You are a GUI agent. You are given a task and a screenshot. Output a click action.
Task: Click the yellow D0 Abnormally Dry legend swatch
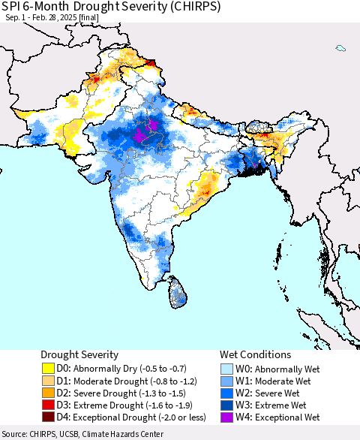[x=48, y=369]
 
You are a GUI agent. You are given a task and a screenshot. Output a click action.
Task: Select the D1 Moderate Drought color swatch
[x=48, y=381]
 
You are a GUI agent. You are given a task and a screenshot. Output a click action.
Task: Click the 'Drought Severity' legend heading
[x=81, y=354]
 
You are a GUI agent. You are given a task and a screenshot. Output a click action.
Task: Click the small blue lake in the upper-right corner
[x=340, y=48]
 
